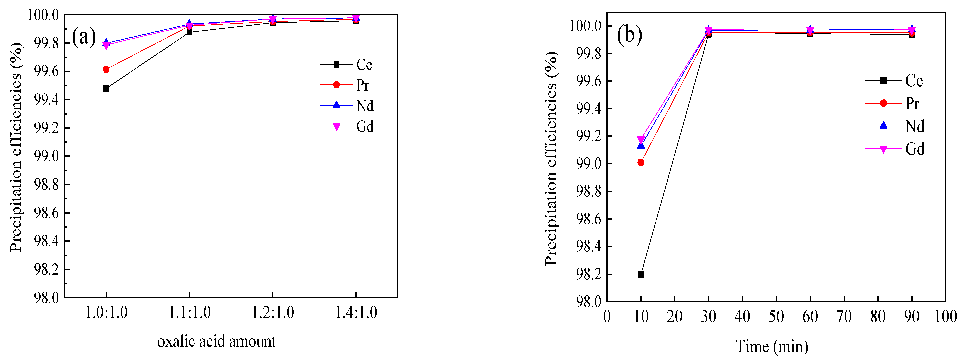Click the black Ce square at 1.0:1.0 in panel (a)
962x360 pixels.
pos(106,88)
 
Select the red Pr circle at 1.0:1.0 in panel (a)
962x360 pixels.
pos(106,69)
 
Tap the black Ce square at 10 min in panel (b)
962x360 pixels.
pos(641,274)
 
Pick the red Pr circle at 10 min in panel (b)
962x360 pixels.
pos(641,162)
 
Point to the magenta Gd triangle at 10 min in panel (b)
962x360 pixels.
pos(641,139)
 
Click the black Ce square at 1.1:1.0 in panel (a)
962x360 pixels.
pos(189,32)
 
